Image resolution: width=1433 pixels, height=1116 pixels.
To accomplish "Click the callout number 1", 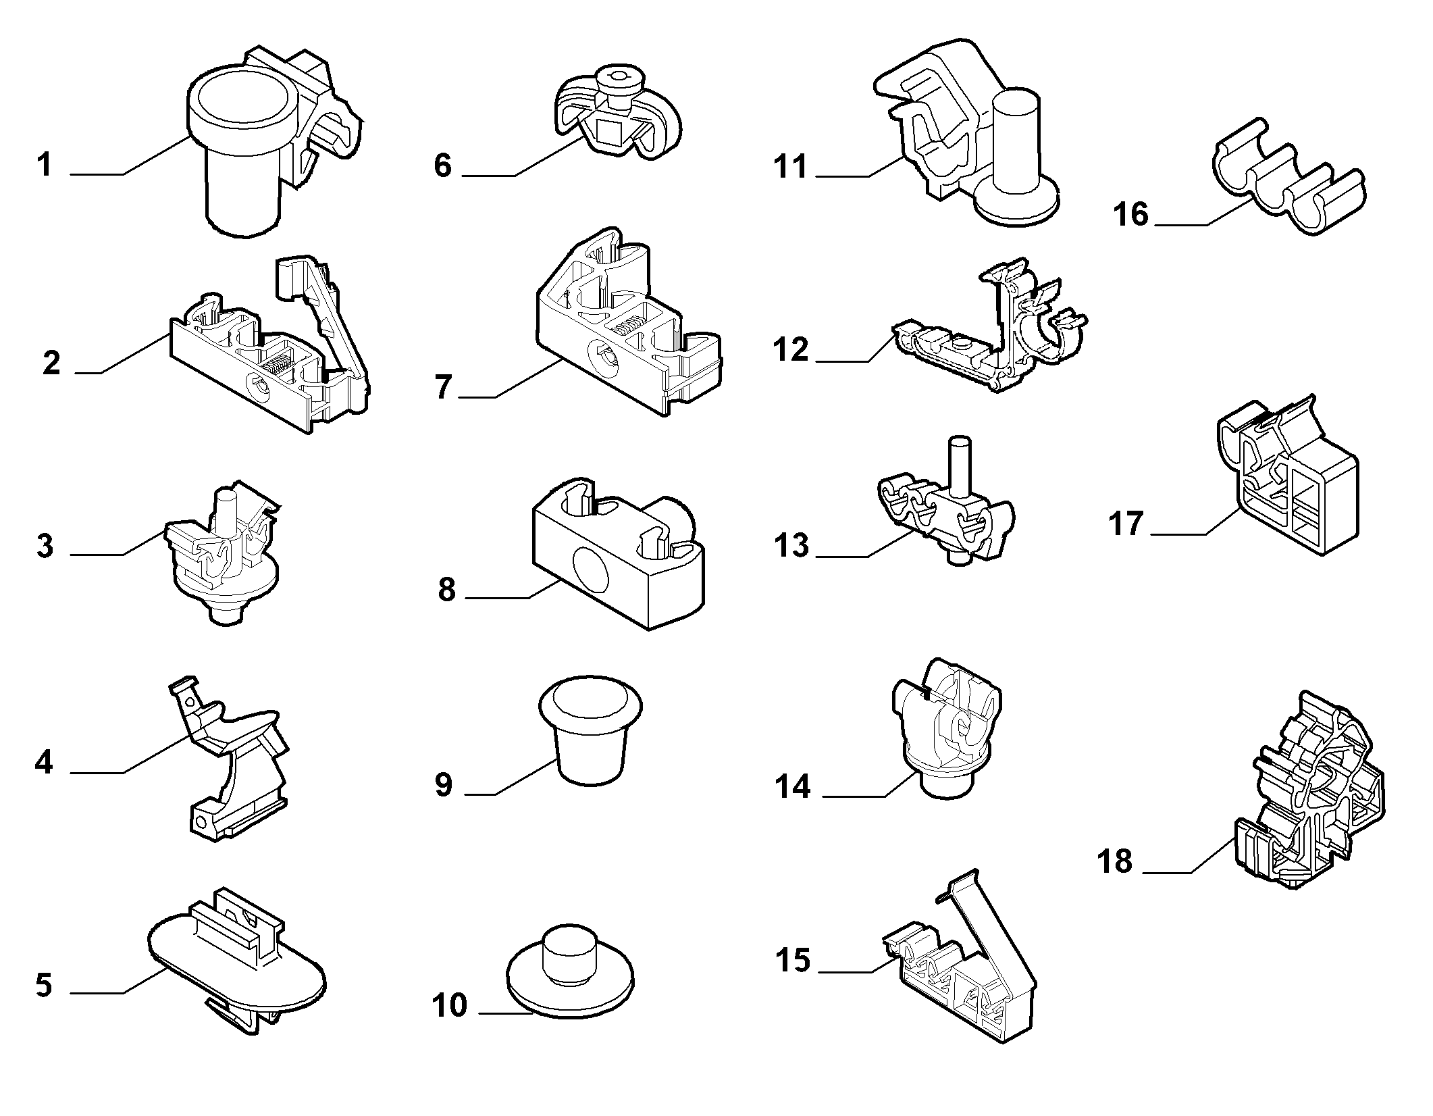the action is (45, 165).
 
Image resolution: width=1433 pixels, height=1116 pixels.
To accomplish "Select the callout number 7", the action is (443, 387).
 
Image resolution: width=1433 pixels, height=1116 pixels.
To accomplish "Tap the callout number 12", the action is (791, 350).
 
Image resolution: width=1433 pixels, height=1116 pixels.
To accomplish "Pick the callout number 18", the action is (1116, 861).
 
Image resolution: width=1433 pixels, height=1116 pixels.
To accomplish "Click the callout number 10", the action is (450, 1006).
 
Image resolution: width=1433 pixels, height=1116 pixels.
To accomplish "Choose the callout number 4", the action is (44, 763).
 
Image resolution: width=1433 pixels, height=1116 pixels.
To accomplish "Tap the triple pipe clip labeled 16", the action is (1286, 186).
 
